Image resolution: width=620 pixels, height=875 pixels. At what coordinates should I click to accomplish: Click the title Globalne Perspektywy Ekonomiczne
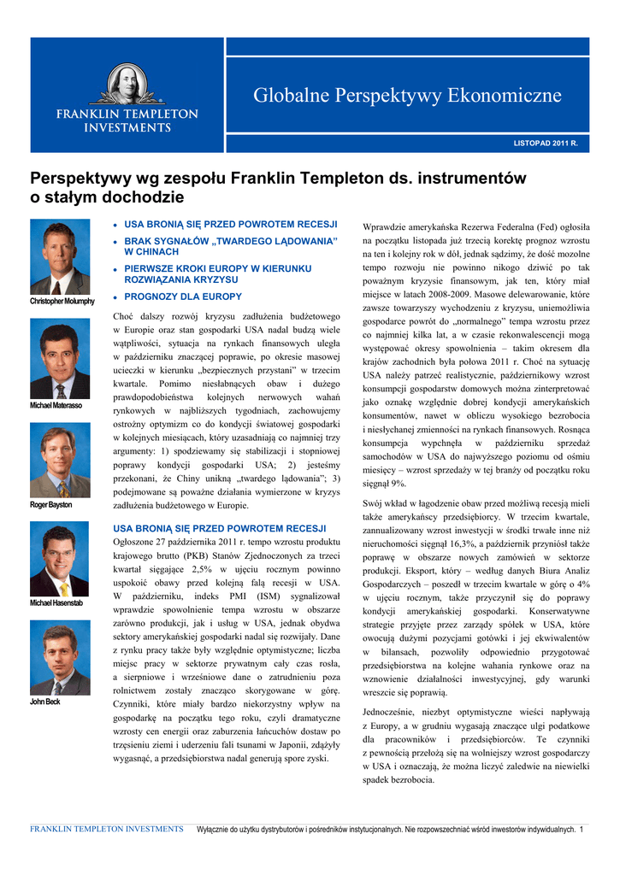[407, 96]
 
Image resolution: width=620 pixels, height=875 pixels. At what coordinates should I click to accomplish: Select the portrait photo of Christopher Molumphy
[60, 258]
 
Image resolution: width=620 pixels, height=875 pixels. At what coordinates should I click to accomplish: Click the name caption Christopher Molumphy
[62, 302]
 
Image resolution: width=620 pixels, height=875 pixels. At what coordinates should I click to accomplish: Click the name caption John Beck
[45, 702]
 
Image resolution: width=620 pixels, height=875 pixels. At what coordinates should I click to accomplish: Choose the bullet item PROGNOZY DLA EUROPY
[183, 297]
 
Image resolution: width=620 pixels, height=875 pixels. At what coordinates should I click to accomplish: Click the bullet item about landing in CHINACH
[232, 246]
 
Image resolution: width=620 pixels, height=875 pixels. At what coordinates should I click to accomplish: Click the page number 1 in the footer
[582, 830]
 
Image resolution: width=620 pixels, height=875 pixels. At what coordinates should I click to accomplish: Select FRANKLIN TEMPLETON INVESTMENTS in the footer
[106, 830]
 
